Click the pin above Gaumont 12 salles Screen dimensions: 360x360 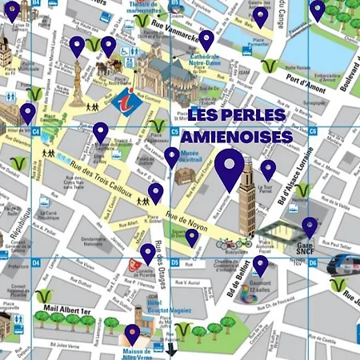click(x=261, y=265)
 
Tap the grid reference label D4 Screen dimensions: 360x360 click(x=35, y=262)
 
